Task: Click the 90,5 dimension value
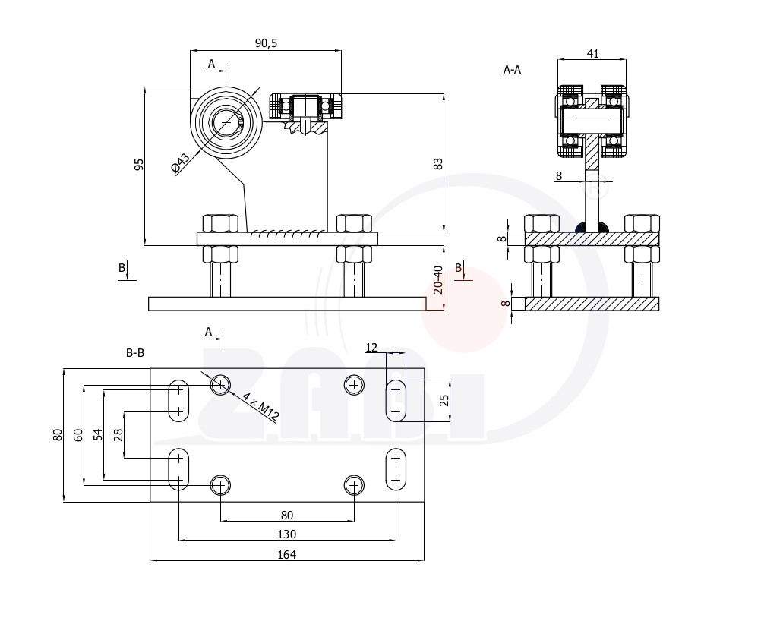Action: pyautogui.click(x=266, y=43)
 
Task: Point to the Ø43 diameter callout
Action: pyautogui.click(x=181, y=164)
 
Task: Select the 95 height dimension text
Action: pyautogui.click(x=139, y=165)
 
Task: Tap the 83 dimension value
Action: pyautogui.click(x=438, y=164)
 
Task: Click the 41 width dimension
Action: pyautogui.click(x=593, y=54)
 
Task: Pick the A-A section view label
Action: pyautogui.click(x=512, y=70)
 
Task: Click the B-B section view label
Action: pyautogui.click(x=135, y=352)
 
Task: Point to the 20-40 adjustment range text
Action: pyautogui.click(x=438, y=279)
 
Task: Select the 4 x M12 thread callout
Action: pyautogui.click(x=260, y=406)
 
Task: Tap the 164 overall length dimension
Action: pyautogui.click(x=286, y=554)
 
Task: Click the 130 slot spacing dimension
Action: pyautogui.click(x=286, y=534)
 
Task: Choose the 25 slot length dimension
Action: pyautogui.click(x=444, y=400)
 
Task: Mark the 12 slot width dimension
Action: pyautogui.click(x=371, y=347)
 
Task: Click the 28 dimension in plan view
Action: pyautogui.click(x=118, y=435)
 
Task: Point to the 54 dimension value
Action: pyautogui.click(x=99, y=434)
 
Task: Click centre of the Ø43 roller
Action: pyautogui.click(x=226, y=122)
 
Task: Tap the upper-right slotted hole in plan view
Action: pyautogui.click(x=396, y=401)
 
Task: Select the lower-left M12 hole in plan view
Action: pyautogui.click(x=220, y=485)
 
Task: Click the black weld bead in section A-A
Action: pyautogui.click(x=592, y=227)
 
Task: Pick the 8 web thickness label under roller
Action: pyautogui.click(x=558, y=176)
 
